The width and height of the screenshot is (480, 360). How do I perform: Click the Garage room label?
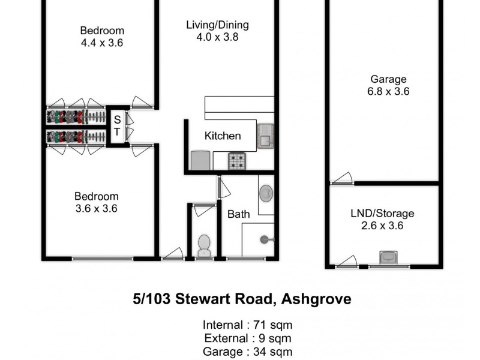tap(388, 79)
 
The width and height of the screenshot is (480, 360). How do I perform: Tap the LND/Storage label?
tap(382, 214)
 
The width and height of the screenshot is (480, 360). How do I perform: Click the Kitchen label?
tap(223, 136)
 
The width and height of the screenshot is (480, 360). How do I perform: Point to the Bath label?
tap(238, 214)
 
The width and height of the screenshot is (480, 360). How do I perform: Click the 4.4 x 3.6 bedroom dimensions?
tap(102, 43)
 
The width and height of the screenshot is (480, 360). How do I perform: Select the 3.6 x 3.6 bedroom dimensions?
tap(96, 209)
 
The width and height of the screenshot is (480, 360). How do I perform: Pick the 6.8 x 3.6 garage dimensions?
tap(388, 92)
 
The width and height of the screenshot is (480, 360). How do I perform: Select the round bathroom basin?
tap(266, 193)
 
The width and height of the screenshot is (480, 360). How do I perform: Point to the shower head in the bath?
tap(265, 239)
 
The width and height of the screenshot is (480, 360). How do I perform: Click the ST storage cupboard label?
tap(117, 125)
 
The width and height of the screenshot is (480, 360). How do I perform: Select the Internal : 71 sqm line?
tap(248, 325)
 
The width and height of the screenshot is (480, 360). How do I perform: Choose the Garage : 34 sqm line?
tap(248, 352)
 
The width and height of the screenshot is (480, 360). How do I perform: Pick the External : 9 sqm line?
tap(248, 338)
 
